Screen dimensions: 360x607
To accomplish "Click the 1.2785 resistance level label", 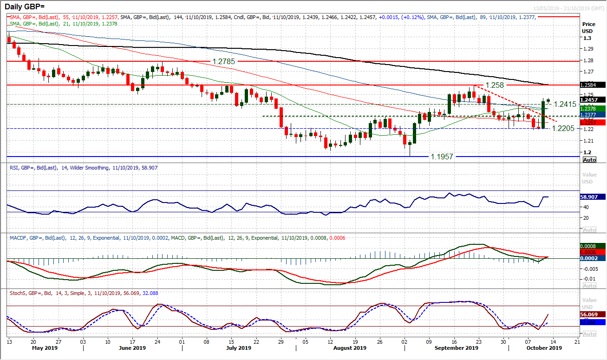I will [224, 61].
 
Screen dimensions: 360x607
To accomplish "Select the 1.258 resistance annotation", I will [495, 85].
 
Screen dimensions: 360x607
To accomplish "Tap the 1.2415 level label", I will [567, 105].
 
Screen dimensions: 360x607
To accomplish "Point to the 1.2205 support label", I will [563, 128].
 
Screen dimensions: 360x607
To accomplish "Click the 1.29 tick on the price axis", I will [587, 49].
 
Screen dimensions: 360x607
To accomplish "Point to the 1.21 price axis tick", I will [587, 141].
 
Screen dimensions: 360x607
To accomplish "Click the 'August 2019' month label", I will [349, 348].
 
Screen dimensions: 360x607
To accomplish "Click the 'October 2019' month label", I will [543, 348].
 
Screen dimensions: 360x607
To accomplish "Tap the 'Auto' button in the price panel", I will [589, 160].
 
